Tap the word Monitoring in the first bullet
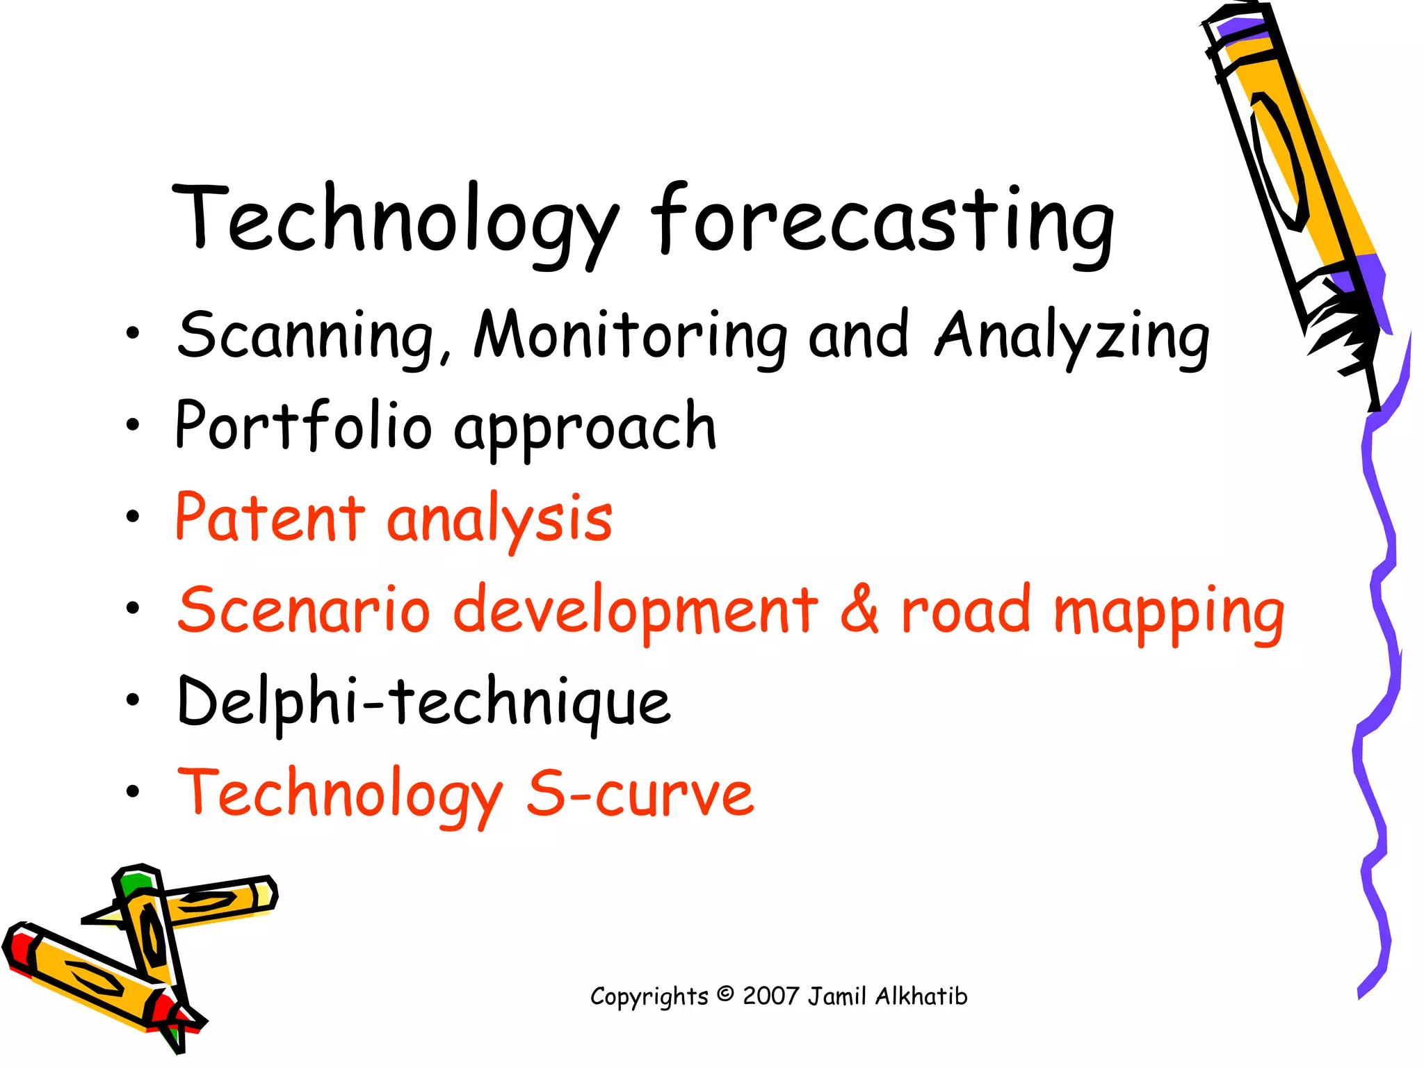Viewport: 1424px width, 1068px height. pos(629,336)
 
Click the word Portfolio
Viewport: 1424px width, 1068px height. pos(303,426)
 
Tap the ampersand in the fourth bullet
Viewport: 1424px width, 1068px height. pos(859,609)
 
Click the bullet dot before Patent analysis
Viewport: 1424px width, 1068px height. pos(133,517)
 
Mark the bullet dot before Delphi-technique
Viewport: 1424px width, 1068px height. pos(133,701)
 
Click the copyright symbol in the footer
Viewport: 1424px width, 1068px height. pos(725,994)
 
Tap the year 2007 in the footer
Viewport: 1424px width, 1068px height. pos(770,996)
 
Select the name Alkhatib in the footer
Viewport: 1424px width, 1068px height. pos(921,996)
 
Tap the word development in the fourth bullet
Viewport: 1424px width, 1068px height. pos(636,610)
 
